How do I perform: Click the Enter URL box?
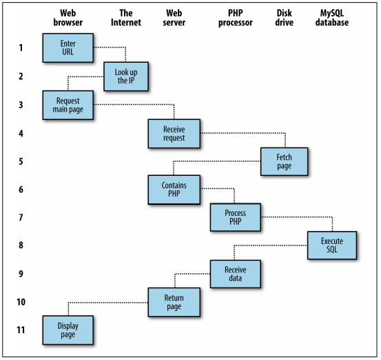click(x=68, y=48)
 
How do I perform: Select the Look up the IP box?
click(x=126, y=77)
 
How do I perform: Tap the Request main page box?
click(x=68, y=105)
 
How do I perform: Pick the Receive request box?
click(x=174, y=134)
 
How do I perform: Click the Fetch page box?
click(x=285, y=161)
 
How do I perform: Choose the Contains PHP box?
click(x=174, y=190)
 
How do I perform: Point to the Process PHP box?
click(x=236, y=217)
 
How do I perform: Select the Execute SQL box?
click(x=332, y=246)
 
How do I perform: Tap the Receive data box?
click(x=236, y=274)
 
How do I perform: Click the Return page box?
click(x=174, y=302)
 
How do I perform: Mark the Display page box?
click(x=68, y=330)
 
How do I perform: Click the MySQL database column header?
click(x=332, y=17)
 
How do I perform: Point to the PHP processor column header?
click(x=236, y=17)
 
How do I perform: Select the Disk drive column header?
click(x=285, y=17)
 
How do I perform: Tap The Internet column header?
click(x=126, y=17)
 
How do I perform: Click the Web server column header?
click(x=174, y=17)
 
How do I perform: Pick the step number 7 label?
click(x=21, y=217)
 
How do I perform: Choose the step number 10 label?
click(x=21, y=302)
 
